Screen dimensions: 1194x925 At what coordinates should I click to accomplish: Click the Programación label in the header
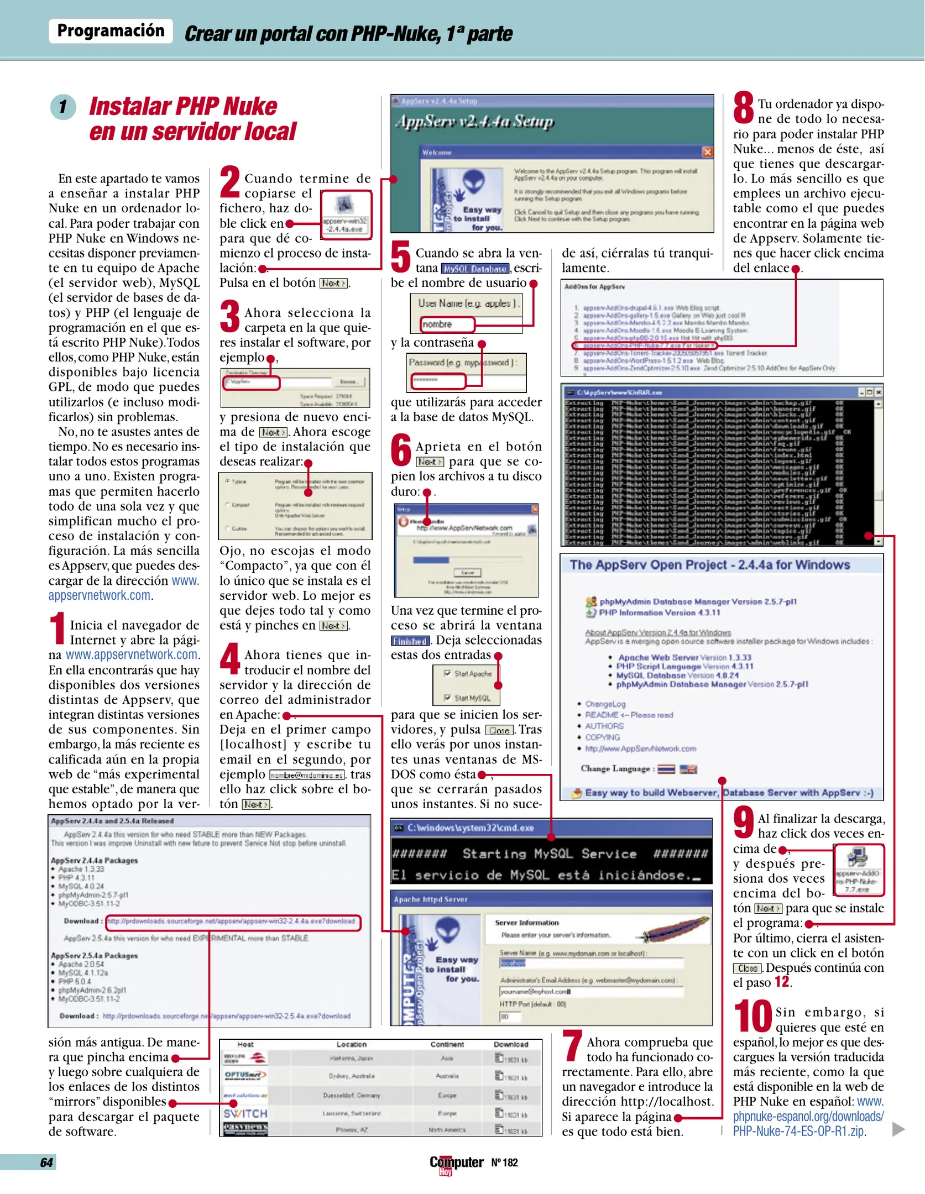111,30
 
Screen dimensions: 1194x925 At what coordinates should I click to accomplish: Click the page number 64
46,1162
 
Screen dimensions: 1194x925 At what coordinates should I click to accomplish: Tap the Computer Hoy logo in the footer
456,1163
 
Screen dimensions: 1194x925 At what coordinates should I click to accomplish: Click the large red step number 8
744,108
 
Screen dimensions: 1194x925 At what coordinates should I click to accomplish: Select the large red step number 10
752,1016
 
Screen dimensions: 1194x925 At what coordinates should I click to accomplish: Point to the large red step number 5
401,257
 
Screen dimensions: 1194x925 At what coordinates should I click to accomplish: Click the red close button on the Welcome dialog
707,151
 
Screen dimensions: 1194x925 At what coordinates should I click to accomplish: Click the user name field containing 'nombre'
447,324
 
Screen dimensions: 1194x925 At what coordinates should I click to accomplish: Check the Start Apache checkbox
448,673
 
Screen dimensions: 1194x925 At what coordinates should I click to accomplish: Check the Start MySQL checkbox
448,698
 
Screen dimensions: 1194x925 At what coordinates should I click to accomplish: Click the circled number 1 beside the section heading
63,107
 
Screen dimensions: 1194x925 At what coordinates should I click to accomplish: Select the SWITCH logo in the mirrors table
245,1113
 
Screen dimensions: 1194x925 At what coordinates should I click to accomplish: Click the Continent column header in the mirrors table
447,1044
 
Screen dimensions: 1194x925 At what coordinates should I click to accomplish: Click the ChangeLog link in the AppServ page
605,704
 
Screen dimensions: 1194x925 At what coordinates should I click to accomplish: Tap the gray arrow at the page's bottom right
898,1129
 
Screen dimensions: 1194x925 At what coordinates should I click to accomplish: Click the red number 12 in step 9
782,982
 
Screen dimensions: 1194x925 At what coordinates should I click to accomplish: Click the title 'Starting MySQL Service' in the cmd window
549,853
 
